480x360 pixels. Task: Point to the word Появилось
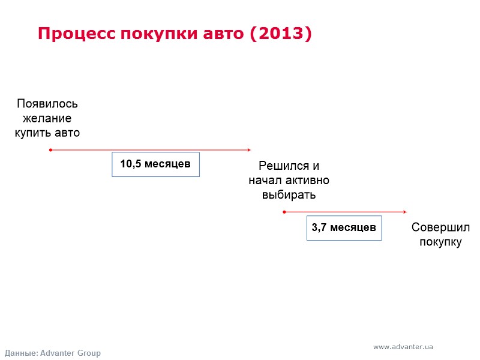47,104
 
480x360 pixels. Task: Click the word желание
47,118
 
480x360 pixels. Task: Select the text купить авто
47,133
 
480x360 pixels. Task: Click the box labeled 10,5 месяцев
155,164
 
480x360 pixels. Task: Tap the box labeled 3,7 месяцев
344,228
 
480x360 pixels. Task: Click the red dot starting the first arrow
51,150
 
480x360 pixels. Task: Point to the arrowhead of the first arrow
248,150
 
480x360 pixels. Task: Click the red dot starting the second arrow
284,212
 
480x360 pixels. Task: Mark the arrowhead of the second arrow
405,212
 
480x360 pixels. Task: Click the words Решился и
289,166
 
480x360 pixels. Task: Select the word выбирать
289,195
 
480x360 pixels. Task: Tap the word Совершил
440,228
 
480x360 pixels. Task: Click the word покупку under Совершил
440,242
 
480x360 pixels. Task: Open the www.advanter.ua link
403,347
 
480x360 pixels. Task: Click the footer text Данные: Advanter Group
53,353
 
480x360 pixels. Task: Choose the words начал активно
289,181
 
